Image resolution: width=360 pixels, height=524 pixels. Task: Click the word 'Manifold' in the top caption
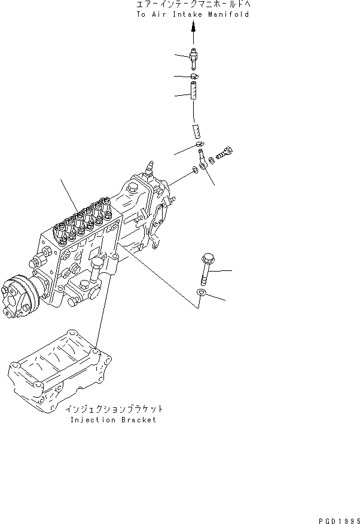tap(230, 14)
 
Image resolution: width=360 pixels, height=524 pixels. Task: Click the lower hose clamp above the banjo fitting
tap(200, 145)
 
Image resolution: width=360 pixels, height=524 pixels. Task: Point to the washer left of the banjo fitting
tap(196, 173)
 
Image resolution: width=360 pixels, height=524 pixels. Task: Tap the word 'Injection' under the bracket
tap(93, 420)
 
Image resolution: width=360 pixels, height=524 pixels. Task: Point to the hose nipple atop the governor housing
tap(150, 164)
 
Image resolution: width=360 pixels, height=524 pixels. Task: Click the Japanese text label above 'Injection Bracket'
tap(114, 410)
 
